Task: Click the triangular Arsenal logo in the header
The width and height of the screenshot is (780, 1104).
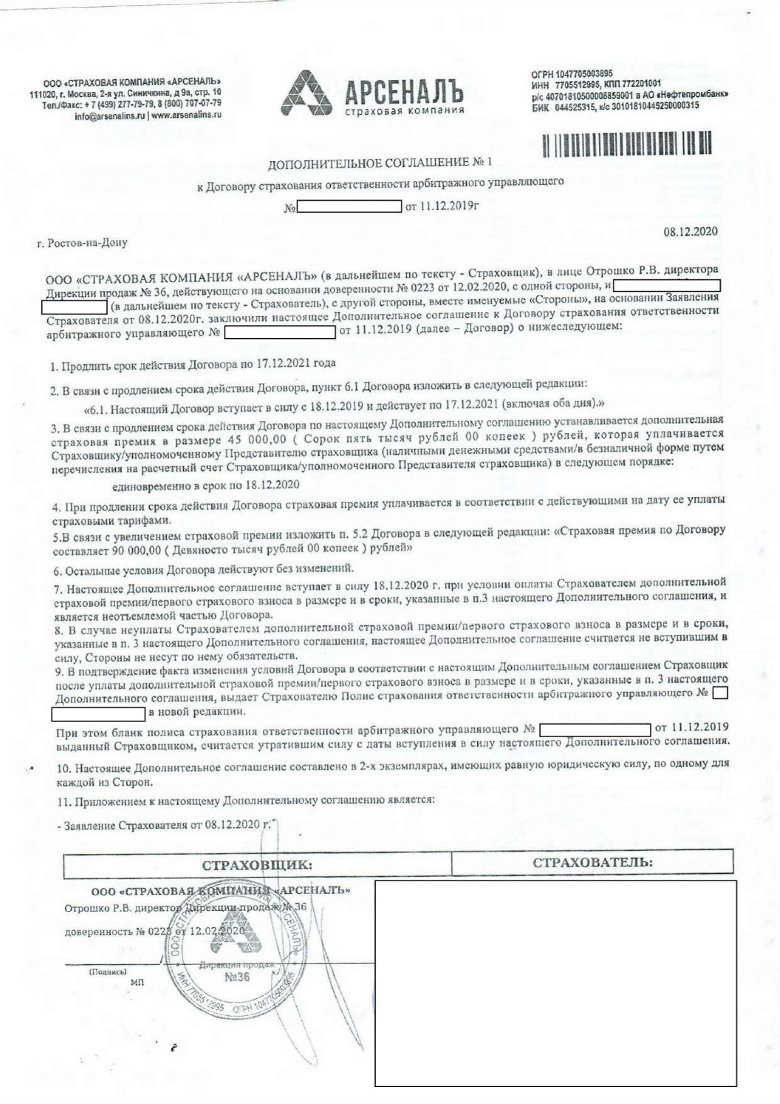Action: coord(306,94)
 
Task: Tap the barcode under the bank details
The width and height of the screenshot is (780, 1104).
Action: coord(627,143)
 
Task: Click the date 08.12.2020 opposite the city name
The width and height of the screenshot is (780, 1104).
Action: coord(690,231)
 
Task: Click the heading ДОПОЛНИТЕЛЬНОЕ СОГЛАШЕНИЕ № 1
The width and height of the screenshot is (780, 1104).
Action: coord(380,164)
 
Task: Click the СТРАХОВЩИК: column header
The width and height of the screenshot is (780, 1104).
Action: coord(257,865)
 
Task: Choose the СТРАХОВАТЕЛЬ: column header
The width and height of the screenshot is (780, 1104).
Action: coord(592,862)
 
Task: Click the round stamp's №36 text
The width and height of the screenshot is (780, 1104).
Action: coord(237,977)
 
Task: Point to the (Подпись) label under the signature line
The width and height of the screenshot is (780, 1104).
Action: coord(108,972)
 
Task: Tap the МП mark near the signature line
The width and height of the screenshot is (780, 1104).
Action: coord(136,982)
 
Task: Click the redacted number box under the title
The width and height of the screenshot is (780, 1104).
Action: coord(349,206)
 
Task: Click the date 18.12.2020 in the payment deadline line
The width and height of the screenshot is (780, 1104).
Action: coord(272,485)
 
